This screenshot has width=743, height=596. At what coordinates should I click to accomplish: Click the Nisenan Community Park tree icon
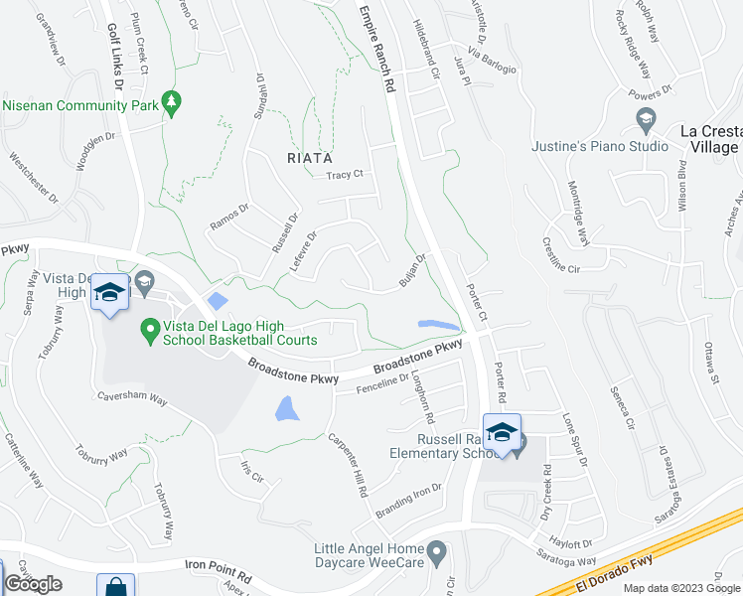coord(171,102)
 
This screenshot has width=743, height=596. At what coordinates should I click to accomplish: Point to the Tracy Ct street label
coord(345,175)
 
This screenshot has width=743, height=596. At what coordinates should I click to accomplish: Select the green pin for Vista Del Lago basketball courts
coord(149,327)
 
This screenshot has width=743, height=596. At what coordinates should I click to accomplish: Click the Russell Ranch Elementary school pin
coord(503,434)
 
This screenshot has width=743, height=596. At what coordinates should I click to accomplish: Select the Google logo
coord(33,584)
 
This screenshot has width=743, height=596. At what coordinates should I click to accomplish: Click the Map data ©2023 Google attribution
coord(681,588)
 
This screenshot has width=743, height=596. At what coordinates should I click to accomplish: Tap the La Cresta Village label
coord(708,139)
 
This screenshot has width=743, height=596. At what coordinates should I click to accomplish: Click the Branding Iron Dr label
coord(408,501)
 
